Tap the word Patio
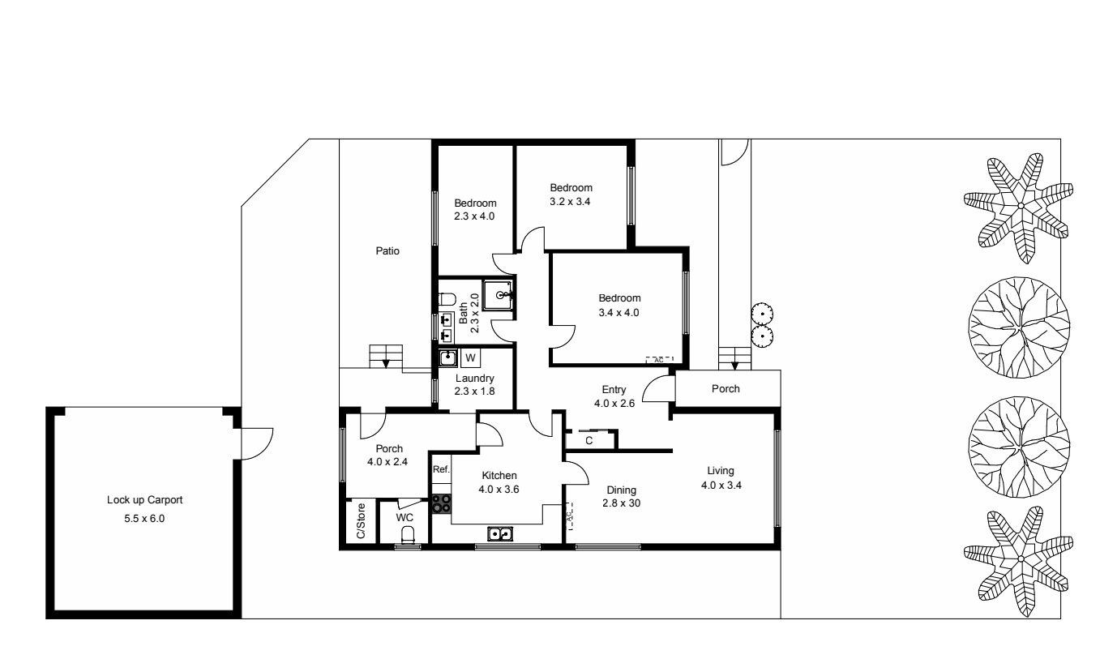(387, 251)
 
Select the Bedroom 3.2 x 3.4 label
(571, 203)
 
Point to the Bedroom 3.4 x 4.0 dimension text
(619, 312)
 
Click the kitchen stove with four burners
(441, 503)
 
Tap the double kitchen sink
(499, 533)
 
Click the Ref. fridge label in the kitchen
(440, 470)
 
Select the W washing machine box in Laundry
(470, 357)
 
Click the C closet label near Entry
(589, 441)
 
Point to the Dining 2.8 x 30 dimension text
(619, 503)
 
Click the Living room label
(720, 470)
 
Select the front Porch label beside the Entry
(725, 389)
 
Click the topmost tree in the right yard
(1019, 208)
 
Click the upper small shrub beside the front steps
(763, 312)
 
